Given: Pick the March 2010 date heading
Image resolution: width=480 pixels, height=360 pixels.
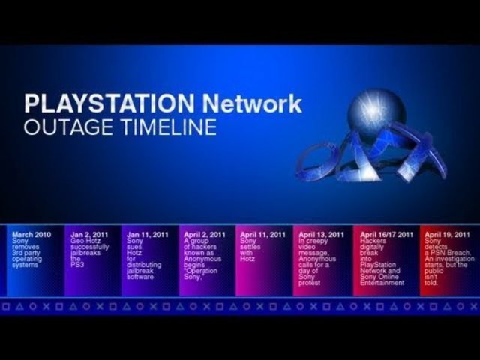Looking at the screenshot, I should [x=31, y=235].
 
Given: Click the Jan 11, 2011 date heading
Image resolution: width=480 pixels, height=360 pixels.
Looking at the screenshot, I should [x=148, y=235].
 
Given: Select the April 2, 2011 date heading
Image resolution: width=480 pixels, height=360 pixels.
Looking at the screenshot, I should [x=205, y=235].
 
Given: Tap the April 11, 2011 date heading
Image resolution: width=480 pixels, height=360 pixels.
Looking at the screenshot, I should [x=262, y=235].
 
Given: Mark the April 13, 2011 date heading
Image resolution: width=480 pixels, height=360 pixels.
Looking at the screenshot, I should [x=322, y=235].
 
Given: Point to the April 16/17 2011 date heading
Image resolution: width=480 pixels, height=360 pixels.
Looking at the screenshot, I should [x=386, y=235].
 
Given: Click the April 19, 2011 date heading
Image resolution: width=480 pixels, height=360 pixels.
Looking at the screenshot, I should [x=446, y=235].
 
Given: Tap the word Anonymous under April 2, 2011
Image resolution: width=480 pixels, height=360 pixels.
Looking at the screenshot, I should [x=202, y=259].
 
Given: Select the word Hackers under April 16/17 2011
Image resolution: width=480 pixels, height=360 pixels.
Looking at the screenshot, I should [x=373, y=241].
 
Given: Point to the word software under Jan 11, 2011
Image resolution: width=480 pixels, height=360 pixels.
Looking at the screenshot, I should [x=140, y=277].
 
